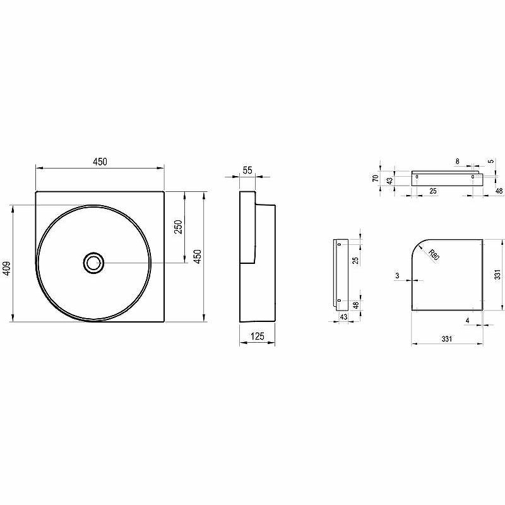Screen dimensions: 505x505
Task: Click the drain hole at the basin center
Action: (x=93, y=263)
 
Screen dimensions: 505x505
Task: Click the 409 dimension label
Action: (x=6, y=268)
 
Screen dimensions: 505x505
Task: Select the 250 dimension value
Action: (x=178, y=227)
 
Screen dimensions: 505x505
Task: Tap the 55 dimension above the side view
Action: (x=247, y=170)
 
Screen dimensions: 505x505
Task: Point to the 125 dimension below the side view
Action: (x=258, y=336)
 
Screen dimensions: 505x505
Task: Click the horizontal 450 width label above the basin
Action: (x=100, y=162)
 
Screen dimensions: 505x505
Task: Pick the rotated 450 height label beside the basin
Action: (x=198, y=256)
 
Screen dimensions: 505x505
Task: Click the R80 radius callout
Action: (x=434, y=255)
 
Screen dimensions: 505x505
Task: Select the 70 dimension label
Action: (x=376, y=178)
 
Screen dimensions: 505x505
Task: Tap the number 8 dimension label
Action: (x=457, y=162)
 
